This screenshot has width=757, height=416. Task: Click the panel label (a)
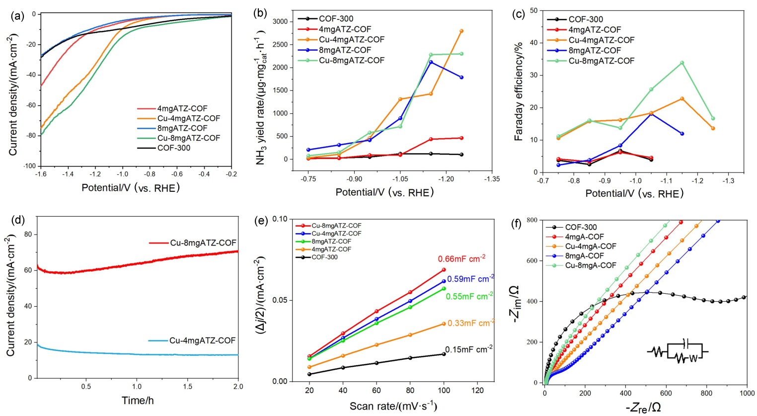[17, 15]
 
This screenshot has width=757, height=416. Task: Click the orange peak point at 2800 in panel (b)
[461, 31]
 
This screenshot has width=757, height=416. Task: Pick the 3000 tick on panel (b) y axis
[281, 21]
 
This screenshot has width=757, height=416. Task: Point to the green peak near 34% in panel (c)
[682, 63]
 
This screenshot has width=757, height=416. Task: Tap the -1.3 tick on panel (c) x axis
[728, 181]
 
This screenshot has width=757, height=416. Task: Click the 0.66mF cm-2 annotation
[461, 259]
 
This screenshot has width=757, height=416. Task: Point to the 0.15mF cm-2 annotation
[468, 349]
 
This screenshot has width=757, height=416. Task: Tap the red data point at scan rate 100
[444, 270]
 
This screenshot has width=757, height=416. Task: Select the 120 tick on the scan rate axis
[477, 391]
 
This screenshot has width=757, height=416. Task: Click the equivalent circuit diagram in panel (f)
[677, 352]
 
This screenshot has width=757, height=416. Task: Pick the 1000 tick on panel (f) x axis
[747, 393]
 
